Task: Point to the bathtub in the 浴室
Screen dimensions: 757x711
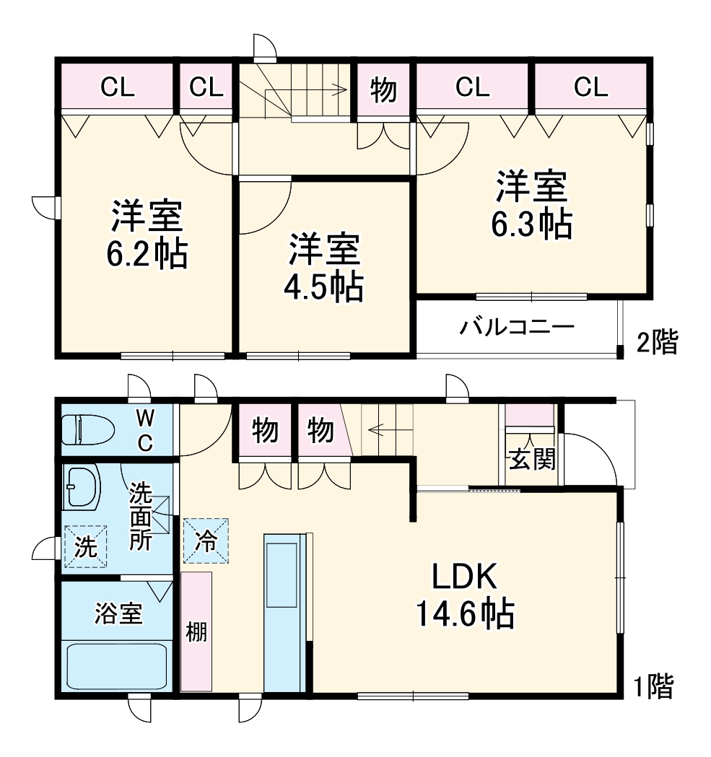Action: coord(118,666)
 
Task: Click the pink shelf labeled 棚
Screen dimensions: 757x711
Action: coord(196,632)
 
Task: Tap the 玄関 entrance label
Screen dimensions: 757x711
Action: coord(533,459)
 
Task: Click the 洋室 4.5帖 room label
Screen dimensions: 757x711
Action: coord(324,268)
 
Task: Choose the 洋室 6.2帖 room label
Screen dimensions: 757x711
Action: coord(147,235)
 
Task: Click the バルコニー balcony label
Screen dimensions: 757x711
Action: coord(518,328)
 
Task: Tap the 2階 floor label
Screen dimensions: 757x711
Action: coord(655,342)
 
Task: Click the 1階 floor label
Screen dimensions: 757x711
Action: coord(653,686)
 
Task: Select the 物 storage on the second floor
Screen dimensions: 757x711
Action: coord(383,90)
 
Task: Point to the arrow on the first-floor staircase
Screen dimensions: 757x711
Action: coord(379,431)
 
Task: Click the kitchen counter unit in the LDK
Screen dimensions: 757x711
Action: coord(285,612)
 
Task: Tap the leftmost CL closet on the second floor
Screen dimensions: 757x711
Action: coord(117,87)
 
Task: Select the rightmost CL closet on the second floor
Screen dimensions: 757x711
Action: coord(590,87)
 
